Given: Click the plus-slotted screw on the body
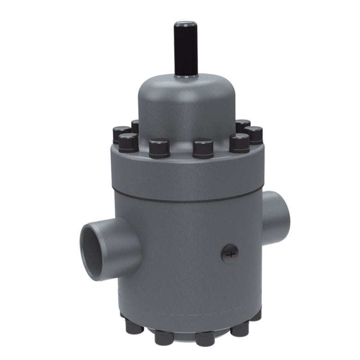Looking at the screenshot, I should (230, 253).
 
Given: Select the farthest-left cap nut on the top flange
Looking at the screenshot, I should (121, 134).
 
